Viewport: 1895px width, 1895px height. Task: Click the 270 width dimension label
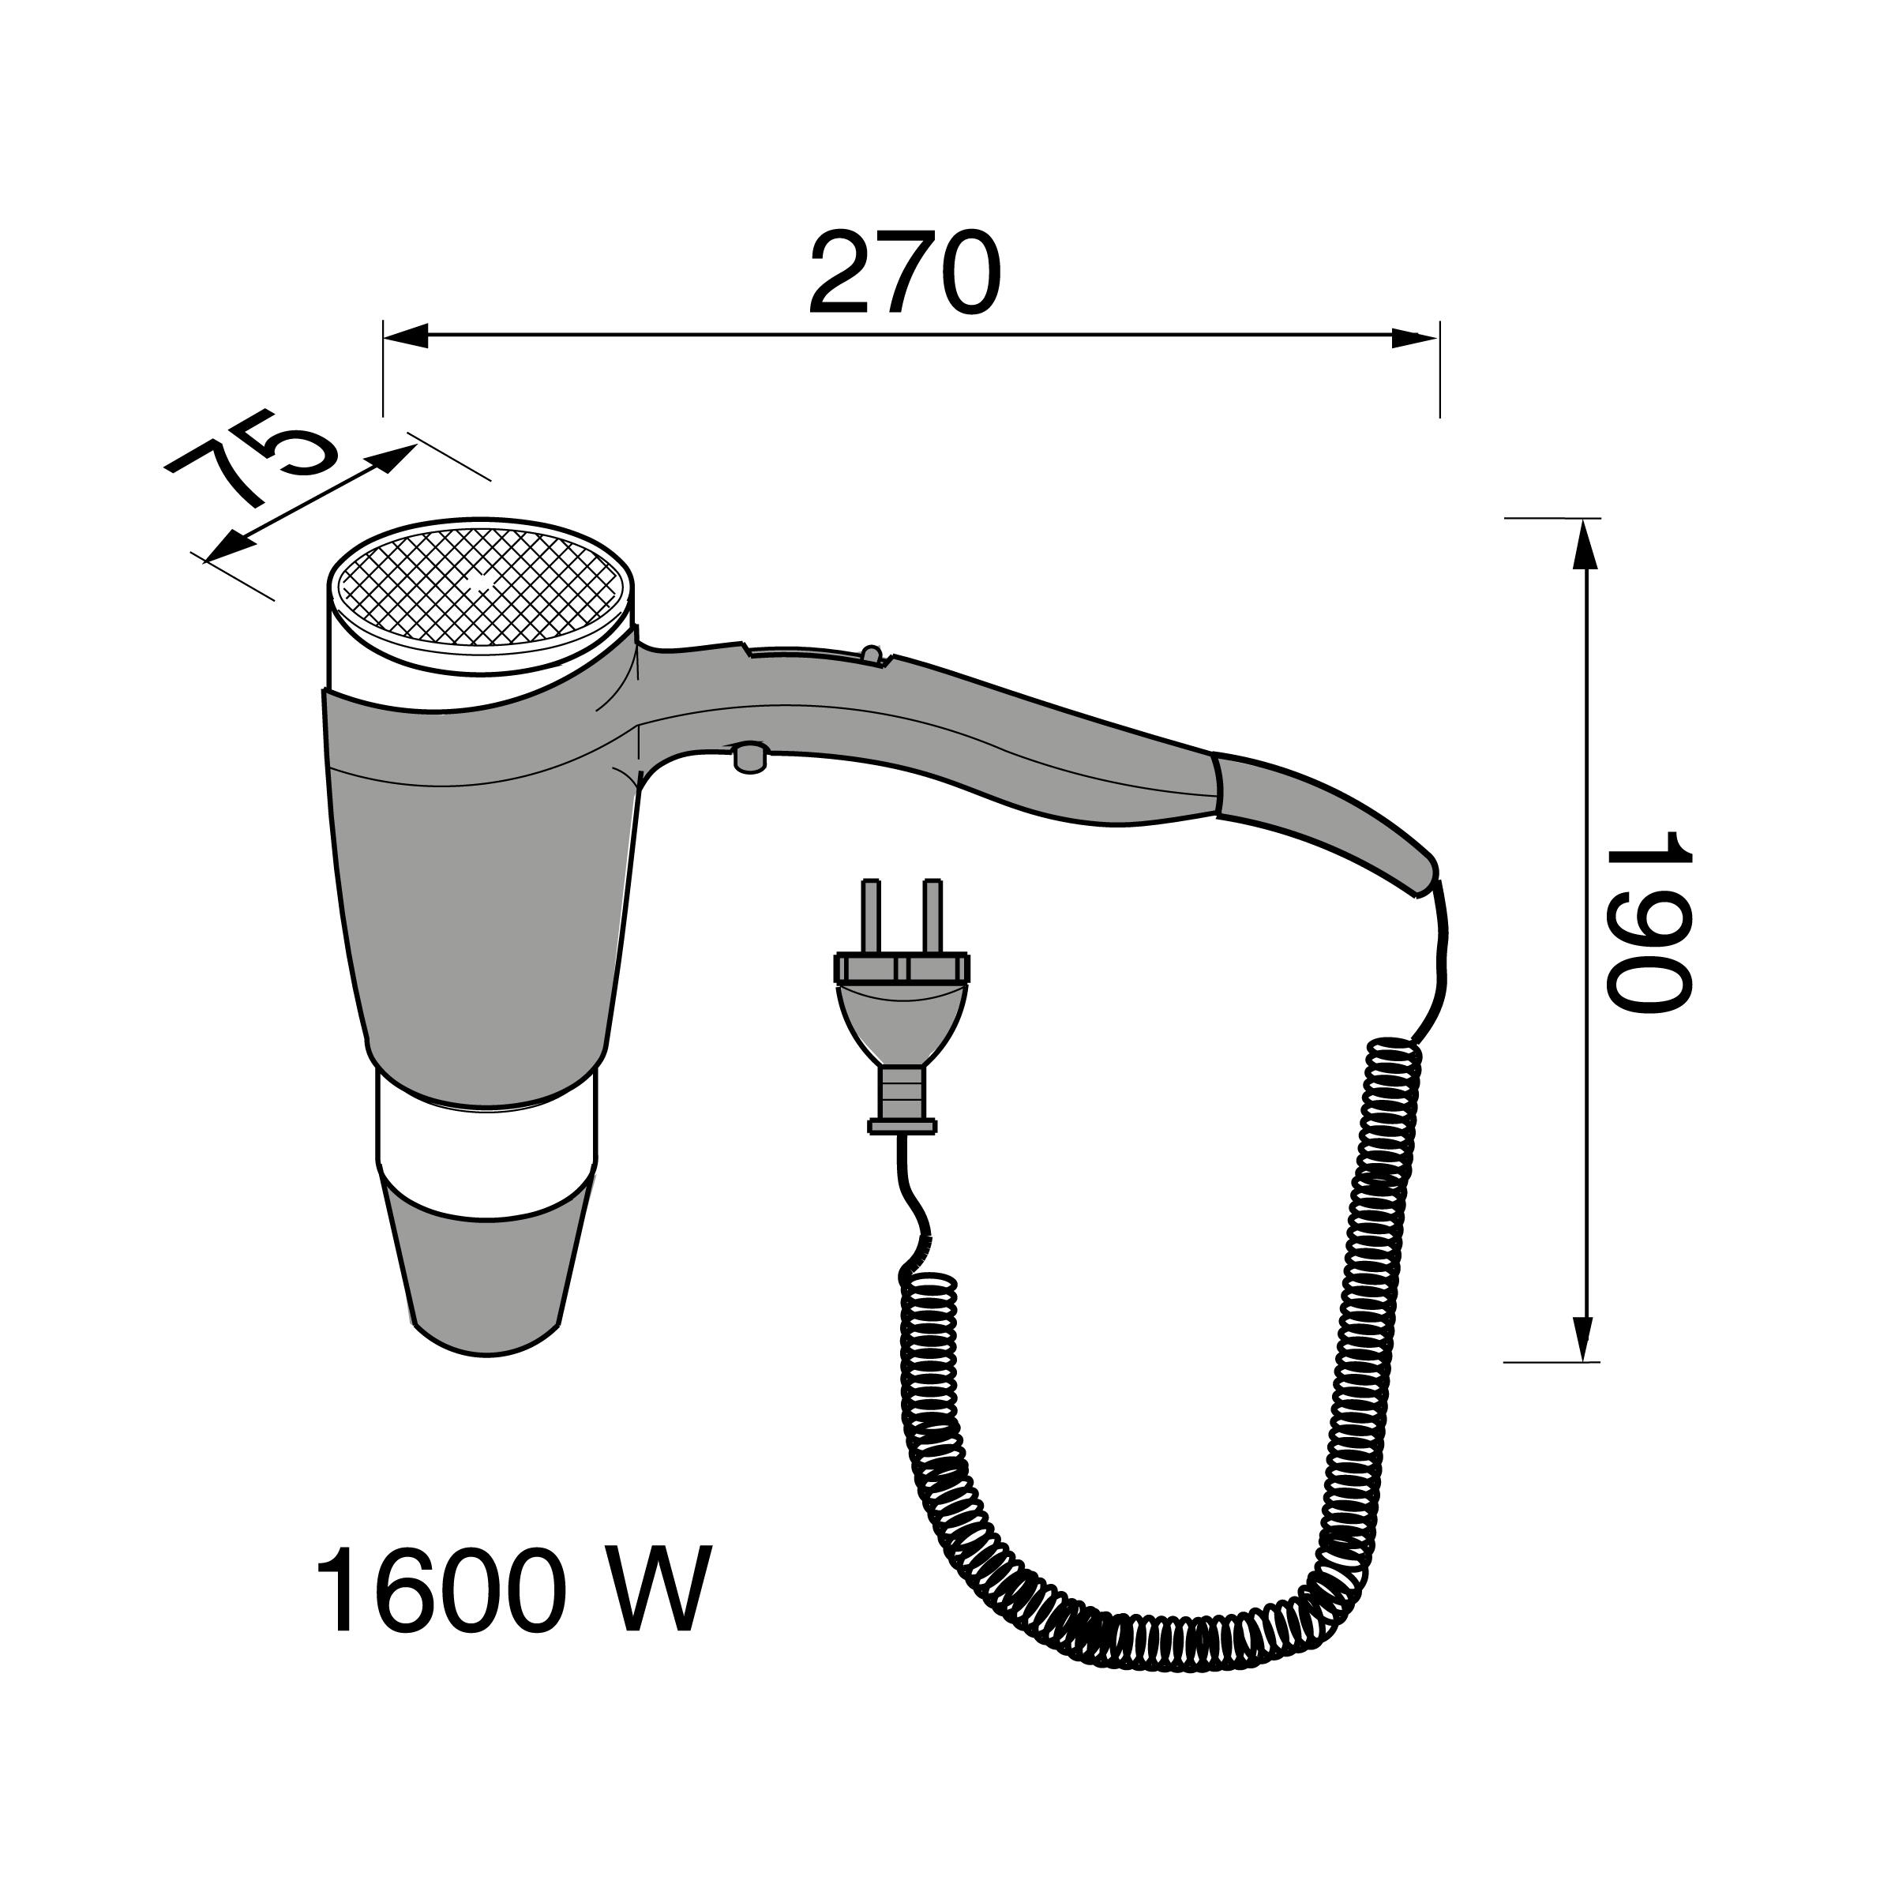click(904, 274)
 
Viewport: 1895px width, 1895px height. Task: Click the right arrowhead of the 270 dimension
click(1416, 336)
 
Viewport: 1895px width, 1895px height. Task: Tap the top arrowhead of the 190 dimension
click(1584, 544)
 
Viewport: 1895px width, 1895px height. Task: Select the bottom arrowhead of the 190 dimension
click(1584, 1337)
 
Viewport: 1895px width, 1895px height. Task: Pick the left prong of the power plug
click(870, 917)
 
